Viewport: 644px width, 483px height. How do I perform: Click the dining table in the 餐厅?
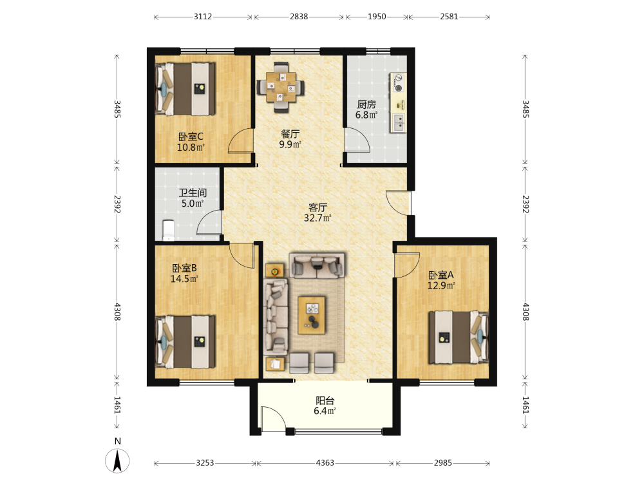click(281, 87)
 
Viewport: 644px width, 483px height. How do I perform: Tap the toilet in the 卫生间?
click(168, 231)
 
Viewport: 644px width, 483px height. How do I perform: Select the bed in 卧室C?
click(185, 89)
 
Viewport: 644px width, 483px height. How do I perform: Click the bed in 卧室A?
click(459, 337)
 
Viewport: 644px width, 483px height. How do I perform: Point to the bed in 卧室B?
click(185, 342)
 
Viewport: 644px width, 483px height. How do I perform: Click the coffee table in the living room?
click(312, 315)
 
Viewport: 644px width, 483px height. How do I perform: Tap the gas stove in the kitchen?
click(398, 82)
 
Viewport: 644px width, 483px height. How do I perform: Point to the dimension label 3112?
click(203, 17)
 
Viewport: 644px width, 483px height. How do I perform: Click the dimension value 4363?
click(325, 463)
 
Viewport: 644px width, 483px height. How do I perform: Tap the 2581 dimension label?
click(449, 17)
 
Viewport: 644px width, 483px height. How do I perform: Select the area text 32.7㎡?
click(317, 218)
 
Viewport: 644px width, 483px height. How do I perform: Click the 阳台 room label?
click(325, 400)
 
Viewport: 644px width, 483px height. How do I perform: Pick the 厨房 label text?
click(366, 104)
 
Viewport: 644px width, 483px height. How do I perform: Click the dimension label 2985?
click(443, 463)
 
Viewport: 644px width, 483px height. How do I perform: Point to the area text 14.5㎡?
click(184, 279)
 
